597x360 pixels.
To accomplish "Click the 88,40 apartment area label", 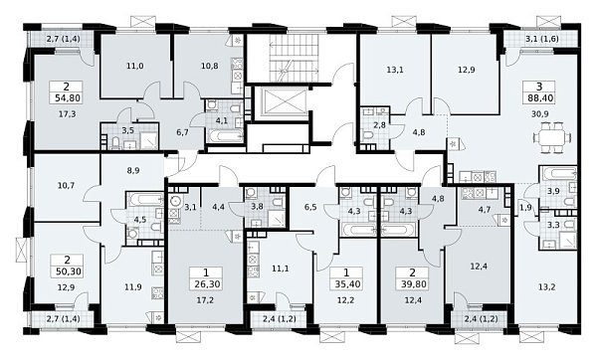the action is (x=540, y=98).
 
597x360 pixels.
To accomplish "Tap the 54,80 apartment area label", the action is (x=68, y=98).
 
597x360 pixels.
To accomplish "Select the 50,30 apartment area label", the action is (x=68, y=271).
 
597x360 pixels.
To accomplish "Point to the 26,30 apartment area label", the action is (x=206, y=283).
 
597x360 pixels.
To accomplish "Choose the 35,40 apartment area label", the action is (x=346, y=283).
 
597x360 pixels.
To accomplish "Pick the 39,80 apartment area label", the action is (x=412, y=283).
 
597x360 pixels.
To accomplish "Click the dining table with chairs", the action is (x=553, y=137).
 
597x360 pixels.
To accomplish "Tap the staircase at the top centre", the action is (x=294, y=58).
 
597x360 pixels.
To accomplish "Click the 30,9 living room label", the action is (x=540, y=113).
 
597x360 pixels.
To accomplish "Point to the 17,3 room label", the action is (x=68, y=113).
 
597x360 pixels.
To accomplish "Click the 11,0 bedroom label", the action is (x=134, y=66).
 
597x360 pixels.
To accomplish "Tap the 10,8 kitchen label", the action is (x=209, y=66).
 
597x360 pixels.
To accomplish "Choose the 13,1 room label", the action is (x=395, y=70).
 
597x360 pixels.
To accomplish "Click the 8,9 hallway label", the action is (x=133, y=171).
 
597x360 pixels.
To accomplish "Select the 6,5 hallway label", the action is (x=310, y=208).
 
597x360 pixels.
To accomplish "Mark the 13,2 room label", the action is (x=547, y=287).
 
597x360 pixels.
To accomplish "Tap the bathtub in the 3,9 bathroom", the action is (x=557, y=173).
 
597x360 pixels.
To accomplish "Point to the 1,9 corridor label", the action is (x=525, y=208).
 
